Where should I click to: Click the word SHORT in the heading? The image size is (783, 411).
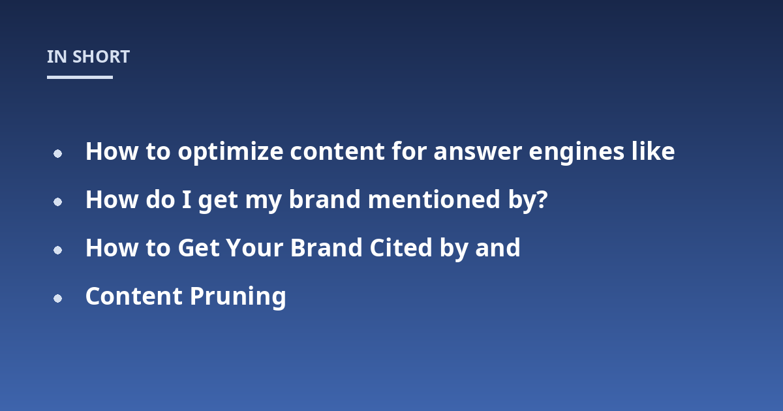click(x=101, y=57)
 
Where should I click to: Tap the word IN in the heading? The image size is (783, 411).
click(x=57, y=57)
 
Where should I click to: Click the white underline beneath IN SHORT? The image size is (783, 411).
click(x=80, y=77)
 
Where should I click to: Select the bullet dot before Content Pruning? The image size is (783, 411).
click(x=57, y=299)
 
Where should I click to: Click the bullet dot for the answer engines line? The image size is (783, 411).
click(x=57, y=153)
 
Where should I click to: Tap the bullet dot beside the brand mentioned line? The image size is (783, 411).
click(x=57, y=202)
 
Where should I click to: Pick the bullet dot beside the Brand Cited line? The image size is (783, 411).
click(x=57, y=251)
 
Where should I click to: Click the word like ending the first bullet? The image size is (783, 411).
click(x=653, y=151)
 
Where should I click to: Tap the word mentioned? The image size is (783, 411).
click(x=434, y=200)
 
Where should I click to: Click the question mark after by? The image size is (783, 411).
click(x=542, y=200)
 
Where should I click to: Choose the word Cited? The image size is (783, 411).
click(x=401, y=248)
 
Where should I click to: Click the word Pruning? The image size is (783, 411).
click(x=238, y=297)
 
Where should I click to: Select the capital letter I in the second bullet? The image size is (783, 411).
click(x=187, y=200)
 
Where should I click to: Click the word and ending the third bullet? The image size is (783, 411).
click(x=498, y=248)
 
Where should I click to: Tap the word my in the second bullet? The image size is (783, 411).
click(x=263, y=202)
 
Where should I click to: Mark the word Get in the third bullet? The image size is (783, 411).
click(x=199, y=248)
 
